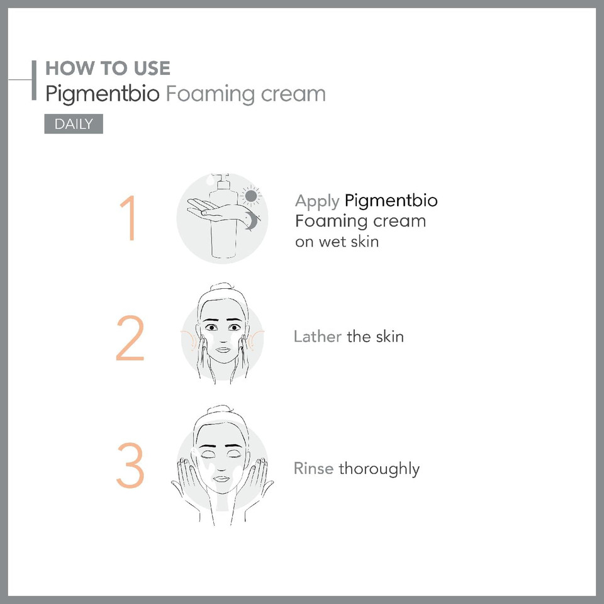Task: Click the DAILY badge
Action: (73, 124)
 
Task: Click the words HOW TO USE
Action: (108, 68)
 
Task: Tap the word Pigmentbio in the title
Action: (102, 94)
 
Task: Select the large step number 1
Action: (129, 219)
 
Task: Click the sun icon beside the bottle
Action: (251, 196)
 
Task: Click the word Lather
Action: (318, 337)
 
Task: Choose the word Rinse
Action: (313, 469)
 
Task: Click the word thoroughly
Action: (379, 469)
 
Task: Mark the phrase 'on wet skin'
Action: (337, 241)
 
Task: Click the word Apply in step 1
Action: (317, 202)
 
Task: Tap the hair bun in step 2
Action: (222, 289)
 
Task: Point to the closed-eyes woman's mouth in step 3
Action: (221, 479)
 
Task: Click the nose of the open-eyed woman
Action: (222, 340)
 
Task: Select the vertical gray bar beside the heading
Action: (34, 80)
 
